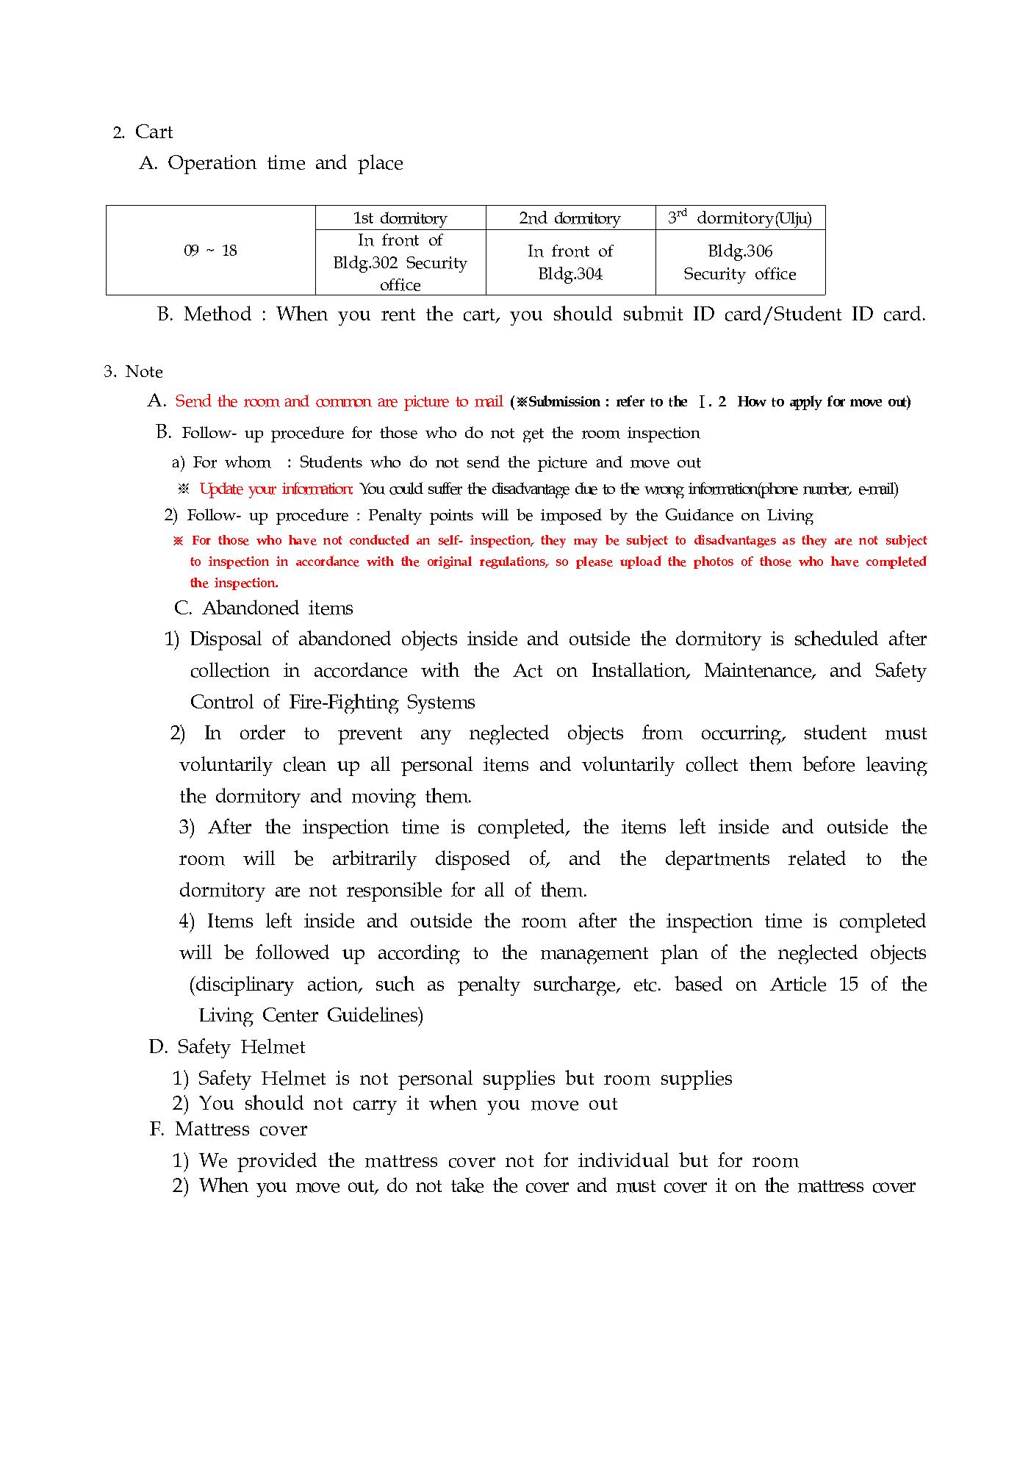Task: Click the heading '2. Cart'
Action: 143,132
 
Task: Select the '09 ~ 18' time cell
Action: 210,251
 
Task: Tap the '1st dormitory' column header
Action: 400,218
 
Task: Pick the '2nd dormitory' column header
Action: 570,218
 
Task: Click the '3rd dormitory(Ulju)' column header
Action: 739,218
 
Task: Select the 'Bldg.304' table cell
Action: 570,262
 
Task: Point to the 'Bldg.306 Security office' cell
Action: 739,262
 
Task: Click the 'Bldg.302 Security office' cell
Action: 400,262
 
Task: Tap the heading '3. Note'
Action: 133,372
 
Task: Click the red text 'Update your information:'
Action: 276,489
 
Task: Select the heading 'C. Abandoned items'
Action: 264,608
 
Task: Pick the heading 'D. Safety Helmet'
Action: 227,1047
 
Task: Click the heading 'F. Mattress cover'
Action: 229,1130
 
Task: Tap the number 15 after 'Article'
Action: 848,985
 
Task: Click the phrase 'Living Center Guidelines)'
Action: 311,1016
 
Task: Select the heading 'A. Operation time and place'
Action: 271,163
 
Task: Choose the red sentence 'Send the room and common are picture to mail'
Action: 339,402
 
